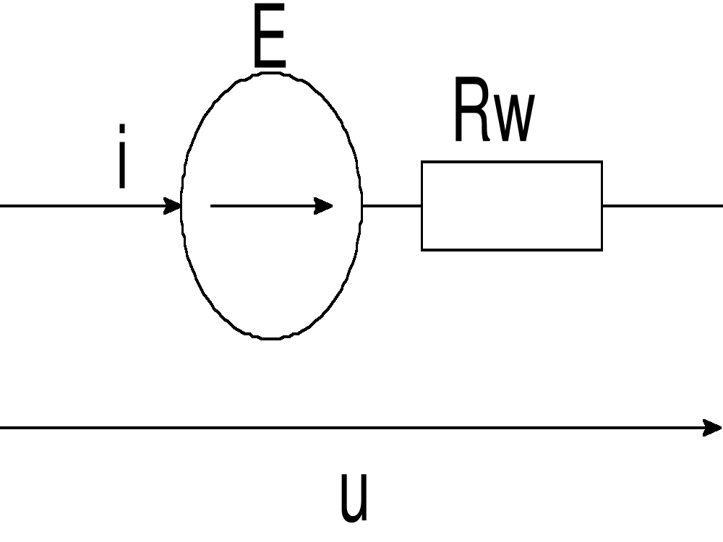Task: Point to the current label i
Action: [123, 157]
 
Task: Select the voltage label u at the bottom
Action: [354, 499]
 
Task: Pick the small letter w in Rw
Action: [516, 119]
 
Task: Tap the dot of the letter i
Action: [123, 129]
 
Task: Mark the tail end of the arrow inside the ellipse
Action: [212, 206]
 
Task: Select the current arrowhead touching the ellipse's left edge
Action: [173, 206]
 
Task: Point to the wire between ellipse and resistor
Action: [391, 206]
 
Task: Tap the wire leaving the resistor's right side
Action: [662, 206]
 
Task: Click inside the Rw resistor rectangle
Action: [512, 206]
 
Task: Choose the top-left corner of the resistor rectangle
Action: [422, 162]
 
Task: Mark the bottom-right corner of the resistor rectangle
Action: [602, 249]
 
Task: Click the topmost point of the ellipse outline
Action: [271, 74]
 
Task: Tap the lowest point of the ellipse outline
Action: [271, 337]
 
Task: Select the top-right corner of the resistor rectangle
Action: [602, 162]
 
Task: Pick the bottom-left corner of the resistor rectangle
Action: [422, 249]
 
